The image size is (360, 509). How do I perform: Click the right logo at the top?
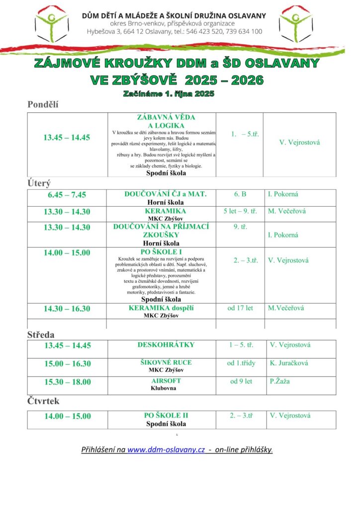click(x=296, y=23)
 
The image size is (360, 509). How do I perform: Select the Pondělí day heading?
click(x=43, y=104)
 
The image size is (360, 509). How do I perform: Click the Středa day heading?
click(x=41, y=335)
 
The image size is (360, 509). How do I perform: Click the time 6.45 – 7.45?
click(x=67, y=195)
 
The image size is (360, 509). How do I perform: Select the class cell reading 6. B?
click(x=240, y=194)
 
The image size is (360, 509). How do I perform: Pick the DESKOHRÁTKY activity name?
click(x=166, y=345)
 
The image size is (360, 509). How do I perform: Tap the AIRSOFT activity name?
click(x=166, y=381)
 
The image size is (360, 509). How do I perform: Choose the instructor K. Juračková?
click(x=289, y=363)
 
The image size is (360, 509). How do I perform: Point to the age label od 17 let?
click(x=240, y=308)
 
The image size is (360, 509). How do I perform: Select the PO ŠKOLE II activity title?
click(x=166, y=416)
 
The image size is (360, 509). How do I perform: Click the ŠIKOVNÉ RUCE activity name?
click(x=166, y=362)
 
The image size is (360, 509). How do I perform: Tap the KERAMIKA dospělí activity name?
click(x=161, y=308)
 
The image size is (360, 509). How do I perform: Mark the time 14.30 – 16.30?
click(x=67, y=309)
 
